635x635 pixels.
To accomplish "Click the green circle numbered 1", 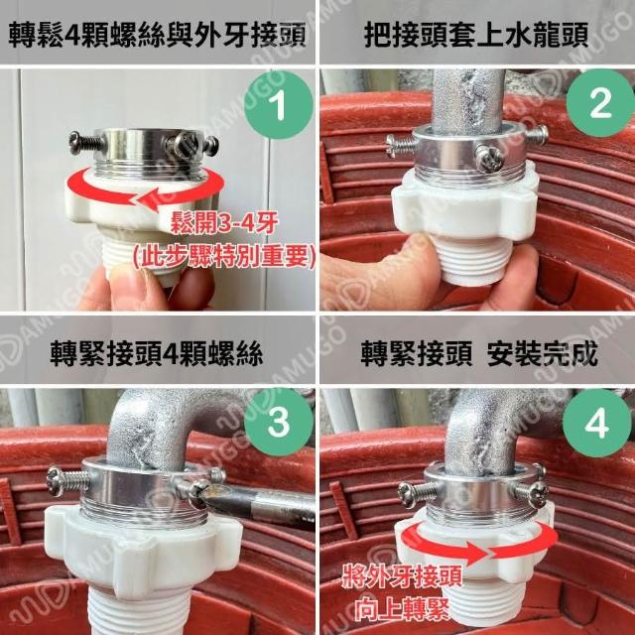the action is tap(279, 105).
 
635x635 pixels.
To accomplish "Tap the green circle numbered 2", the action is tap(600, 103).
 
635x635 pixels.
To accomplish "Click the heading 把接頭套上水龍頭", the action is tap(476, 35).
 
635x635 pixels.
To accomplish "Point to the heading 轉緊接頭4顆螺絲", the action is tap(157, 353).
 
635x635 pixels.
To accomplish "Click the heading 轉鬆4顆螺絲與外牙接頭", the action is tap(157, 35).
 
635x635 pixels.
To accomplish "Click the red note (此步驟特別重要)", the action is tap(224, 257).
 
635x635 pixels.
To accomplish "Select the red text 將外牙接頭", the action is tap(402, 576).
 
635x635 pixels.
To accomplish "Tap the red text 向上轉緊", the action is tap(402, 609).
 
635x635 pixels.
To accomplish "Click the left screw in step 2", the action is tap(401, 145).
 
